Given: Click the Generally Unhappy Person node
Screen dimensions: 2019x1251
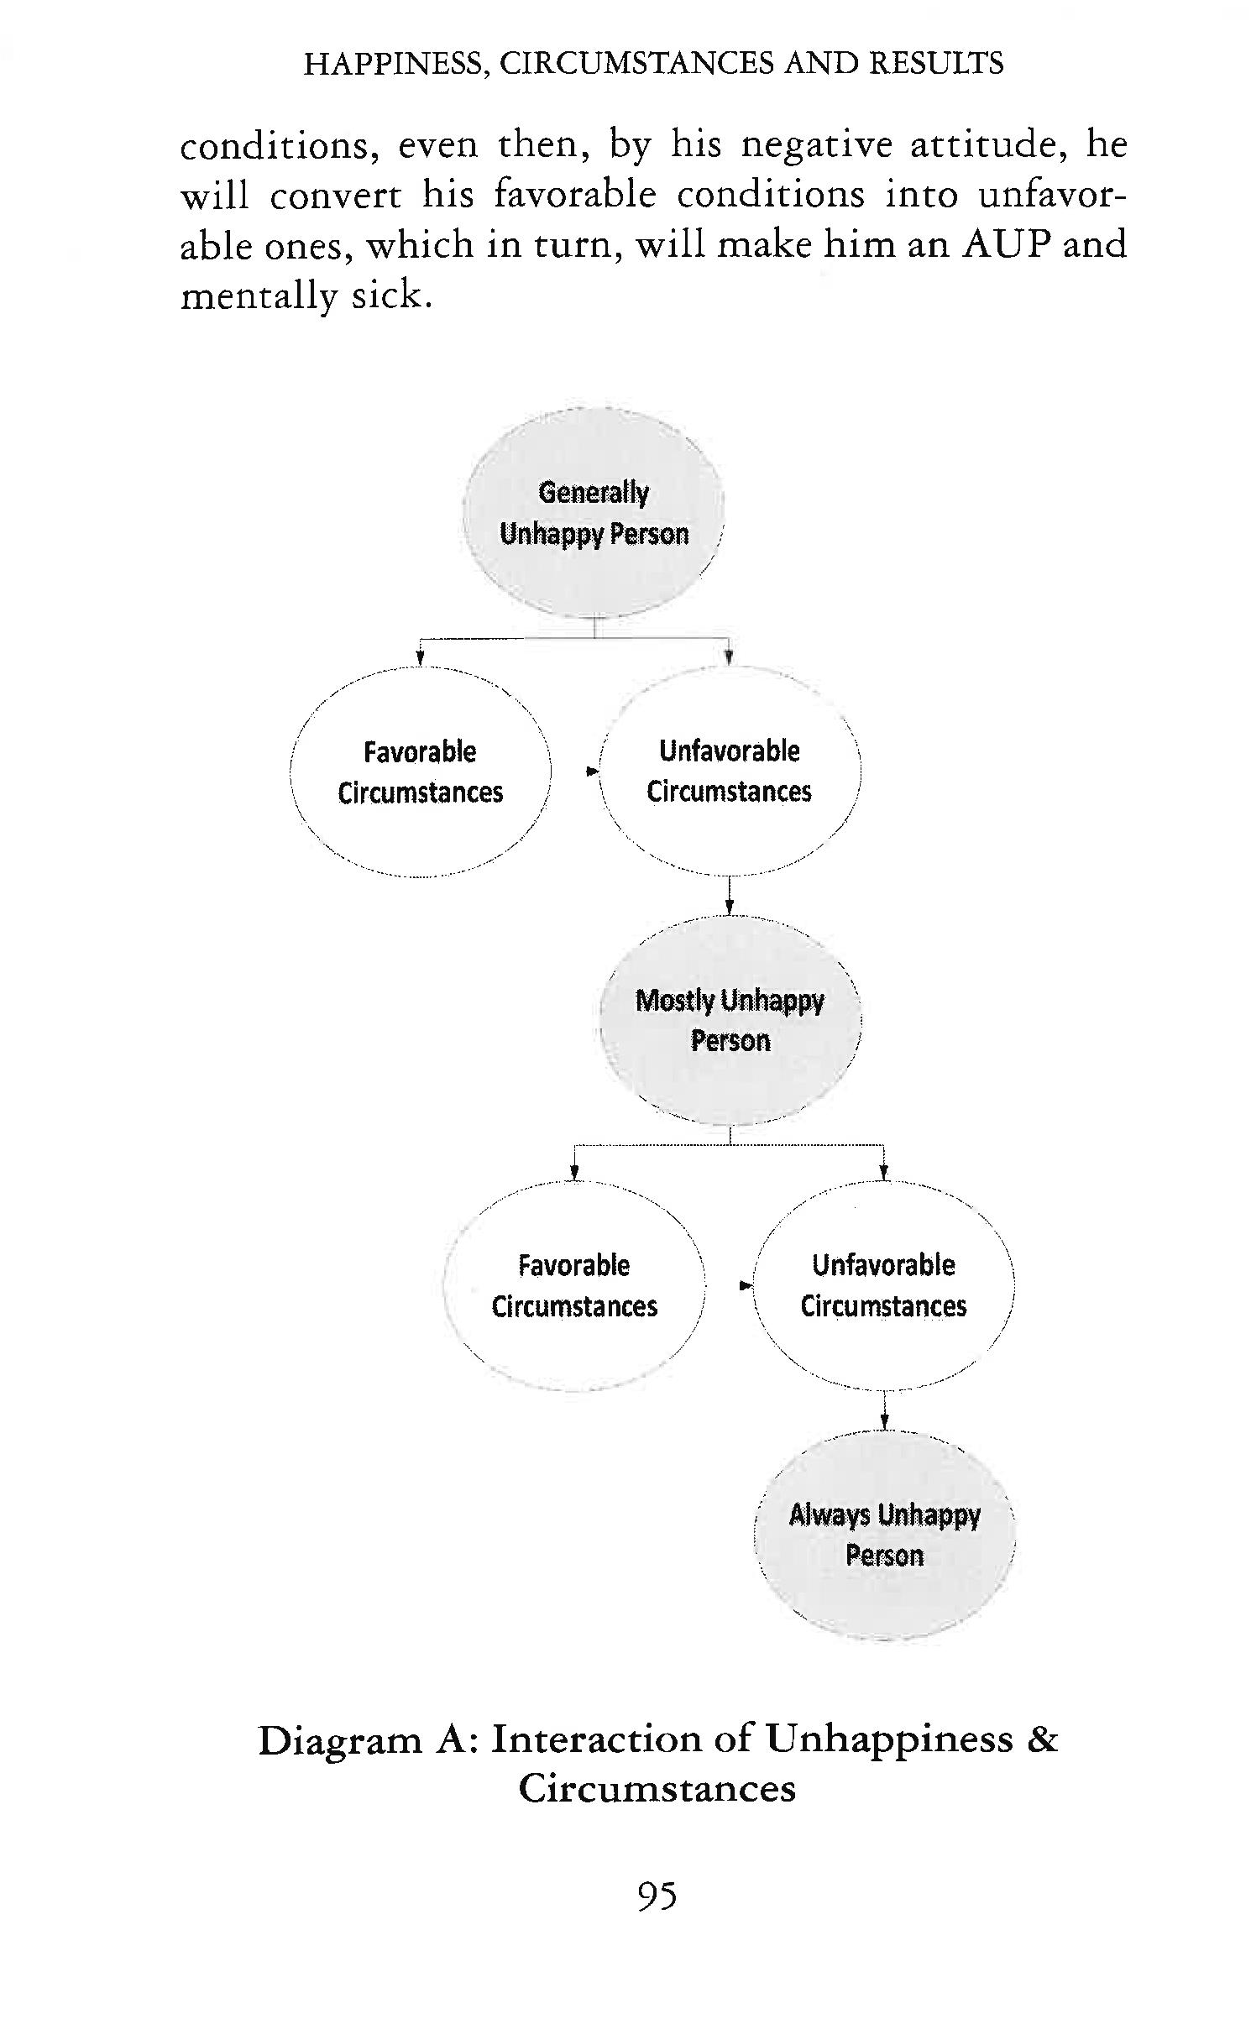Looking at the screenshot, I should click(x=593, y=513).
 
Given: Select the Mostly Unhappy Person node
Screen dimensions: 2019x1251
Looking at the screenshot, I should click(x=730, y=1020).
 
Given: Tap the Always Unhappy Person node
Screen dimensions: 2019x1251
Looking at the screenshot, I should click(x=884, y=1535).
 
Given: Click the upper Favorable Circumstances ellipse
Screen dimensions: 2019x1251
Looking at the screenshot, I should click(x=420, y=772).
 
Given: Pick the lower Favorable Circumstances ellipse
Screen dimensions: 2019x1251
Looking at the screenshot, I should click(x=574, y=1285).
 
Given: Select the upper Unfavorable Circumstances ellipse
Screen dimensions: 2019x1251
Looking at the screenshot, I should click(x=730, y=771).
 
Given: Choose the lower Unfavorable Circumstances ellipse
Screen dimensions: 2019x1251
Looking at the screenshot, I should click(x=883, y=1285).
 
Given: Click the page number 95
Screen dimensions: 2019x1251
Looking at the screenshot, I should click(x=657, y=1896).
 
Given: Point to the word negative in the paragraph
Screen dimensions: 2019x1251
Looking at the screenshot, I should click(x=816, y=144).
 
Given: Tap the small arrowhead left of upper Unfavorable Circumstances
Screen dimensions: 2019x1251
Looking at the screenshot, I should click(x=592, y=771).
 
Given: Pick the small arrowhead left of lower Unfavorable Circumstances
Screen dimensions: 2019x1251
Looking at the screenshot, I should click(x=745, y=1285).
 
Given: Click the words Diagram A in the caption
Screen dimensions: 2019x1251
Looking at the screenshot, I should click(x=367, y=1739).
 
